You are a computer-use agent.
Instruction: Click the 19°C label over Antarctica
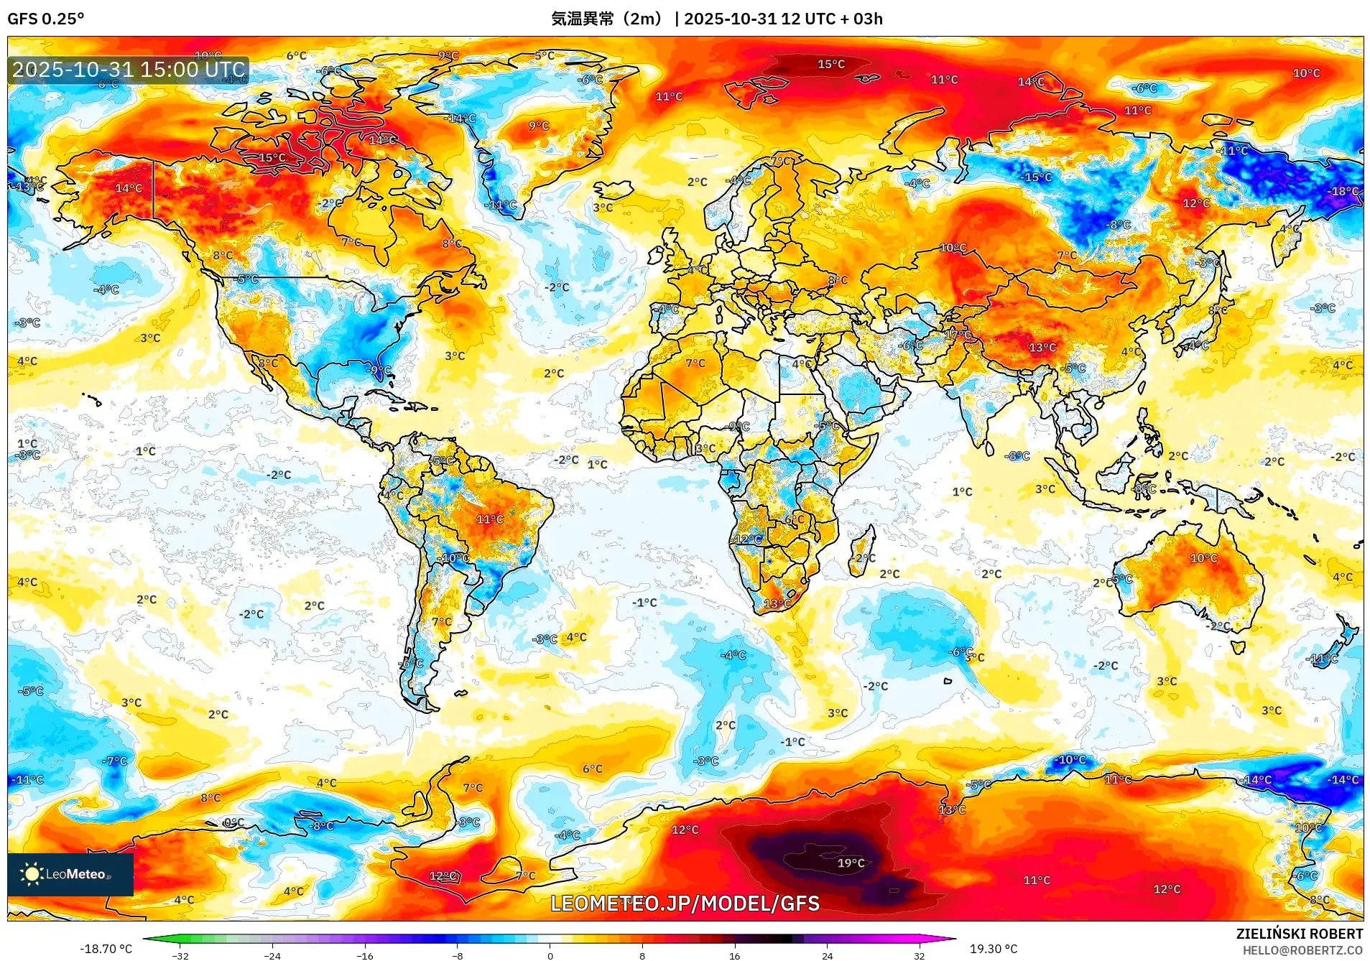851,863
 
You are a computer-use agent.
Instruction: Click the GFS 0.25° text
45,19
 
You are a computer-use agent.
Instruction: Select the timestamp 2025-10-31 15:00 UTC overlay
129,70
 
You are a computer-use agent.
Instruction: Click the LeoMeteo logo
70,874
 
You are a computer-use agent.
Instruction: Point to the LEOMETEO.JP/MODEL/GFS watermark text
685,903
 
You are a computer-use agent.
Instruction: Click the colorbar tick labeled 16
734,955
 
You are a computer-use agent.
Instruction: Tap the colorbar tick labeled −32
180,955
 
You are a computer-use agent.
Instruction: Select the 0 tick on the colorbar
550,955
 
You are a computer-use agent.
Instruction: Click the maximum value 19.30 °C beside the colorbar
994,949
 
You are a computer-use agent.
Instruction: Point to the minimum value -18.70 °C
106,949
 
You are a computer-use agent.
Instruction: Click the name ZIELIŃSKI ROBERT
1299,934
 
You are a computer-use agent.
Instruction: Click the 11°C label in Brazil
490,519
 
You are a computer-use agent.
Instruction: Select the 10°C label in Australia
1204,558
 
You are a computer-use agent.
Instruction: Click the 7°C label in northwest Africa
695,363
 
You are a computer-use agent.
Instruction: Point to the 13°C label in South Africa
777,603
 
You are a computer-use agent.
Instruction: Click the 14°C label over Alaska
129,188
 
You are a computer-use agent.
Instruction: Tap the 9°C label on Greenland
539,126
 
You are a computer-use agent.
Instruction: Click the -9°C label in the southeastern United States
379,371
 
